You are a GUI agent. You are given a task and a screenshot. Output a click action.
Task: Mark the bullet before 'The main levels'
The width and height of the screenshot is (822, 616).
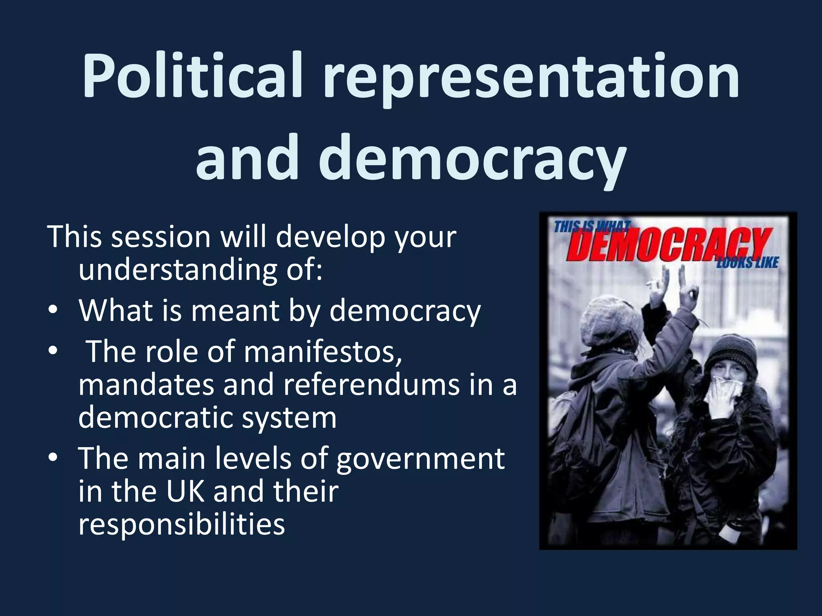pyautogui.click(x=52, y=460)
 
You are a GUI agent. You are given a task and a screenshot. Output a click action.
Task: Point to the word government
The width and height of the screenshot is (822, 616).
pyautogui.click(x=420, y=460)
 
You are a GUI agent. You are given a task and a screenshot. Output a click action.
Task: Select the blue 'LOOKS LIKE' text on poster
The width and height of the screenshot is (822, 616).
pyautogui.click(x=747, y=263)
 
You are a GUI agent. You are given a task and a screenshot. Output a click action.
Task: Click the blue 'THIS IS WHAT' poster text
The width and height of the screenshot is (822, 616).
pyautogui.click(x=592, y=227)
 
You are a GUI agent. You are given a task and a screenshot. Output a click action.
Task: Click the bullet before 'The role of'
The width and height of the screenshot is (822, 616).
pyautogui.click(x=52, y=351)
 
